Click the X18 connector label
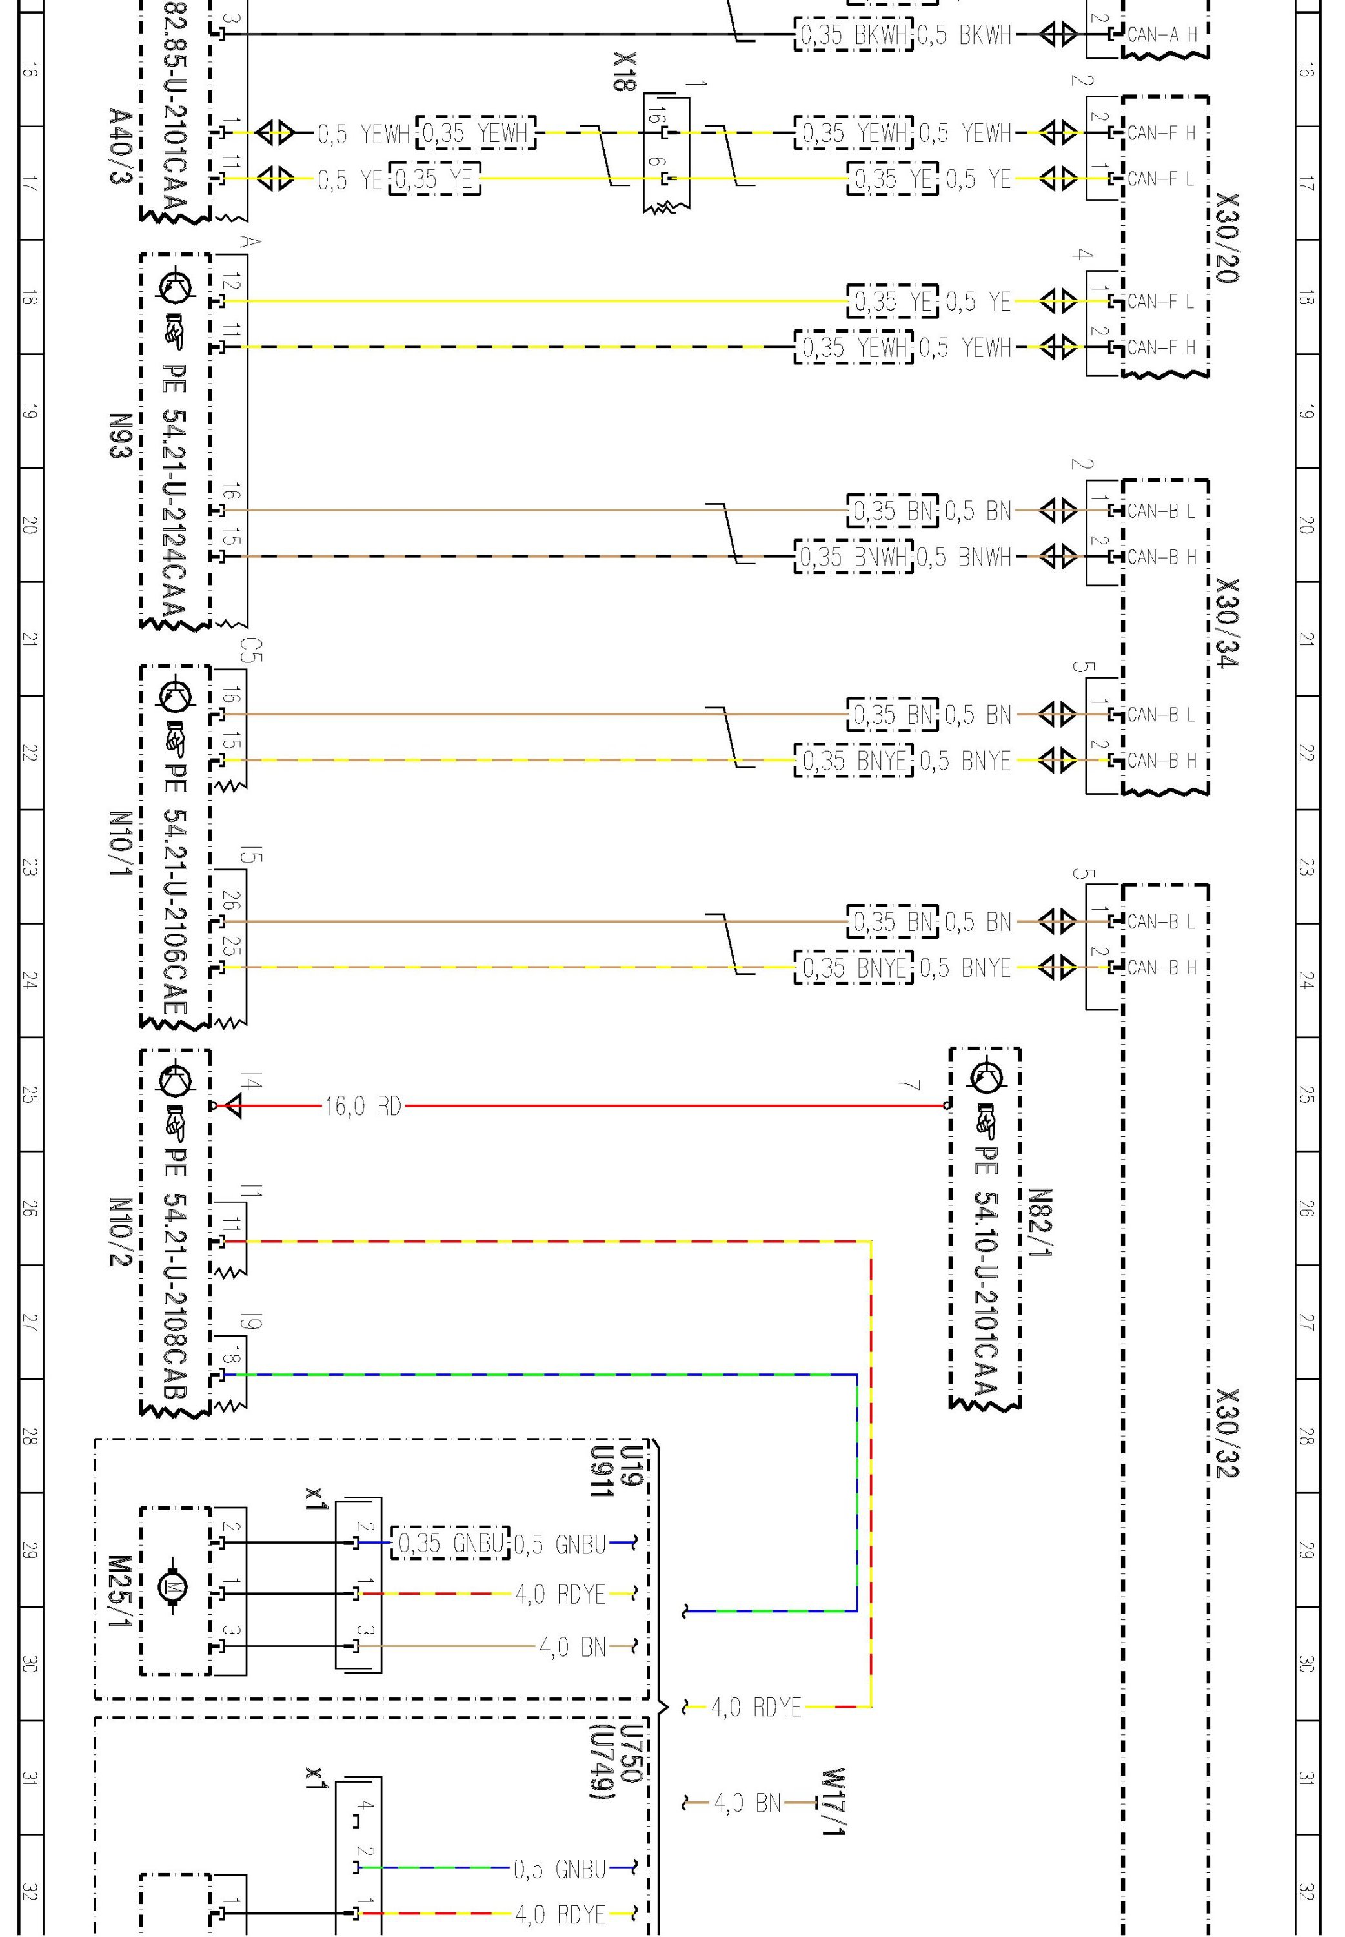pos(625,72)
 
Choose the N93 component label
pos(121,435)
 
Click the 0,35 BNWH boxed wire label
pos(853,557)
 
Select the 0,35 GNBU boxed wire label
pos(450,1542)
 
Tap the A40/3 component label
pos(121,145)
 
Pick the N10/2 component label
pos(121,1231)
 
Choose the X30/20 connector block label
pos(1227,237)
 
